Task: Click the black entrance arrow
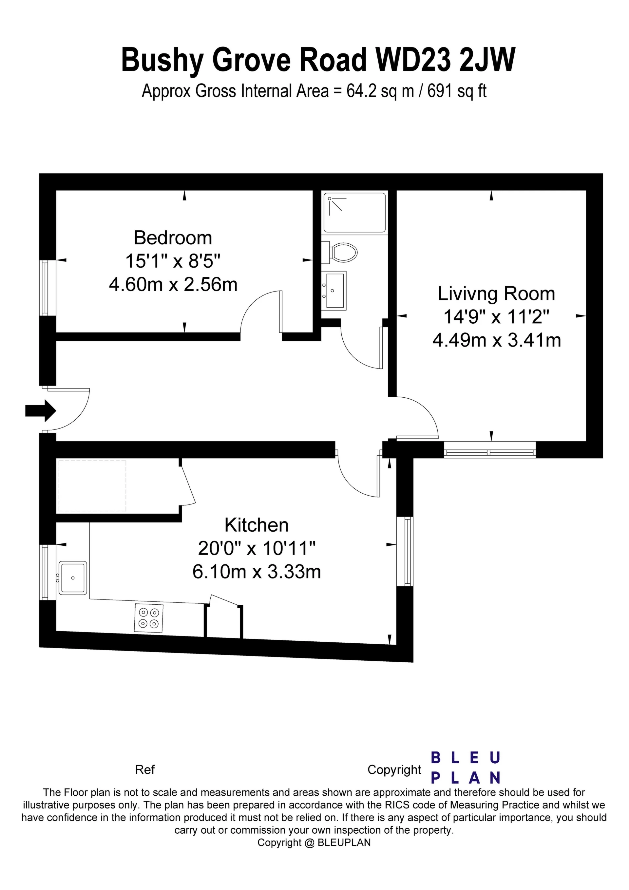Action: tap(41, 410)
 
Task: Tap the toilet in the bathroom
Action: tap(340, 252)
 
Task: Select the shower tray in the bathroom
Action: tap(354, 213)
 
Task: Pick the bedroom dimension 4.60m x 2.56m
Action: tap(173, 285)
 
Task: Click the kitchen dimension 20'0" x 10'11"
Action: tap(257, 548)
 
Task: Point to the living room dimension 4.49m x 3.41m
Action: tap(497, 340)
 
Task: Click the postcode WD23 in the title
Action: tap(413, 60)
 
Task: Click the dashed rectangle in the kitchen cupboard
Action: tap(92, 486)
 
